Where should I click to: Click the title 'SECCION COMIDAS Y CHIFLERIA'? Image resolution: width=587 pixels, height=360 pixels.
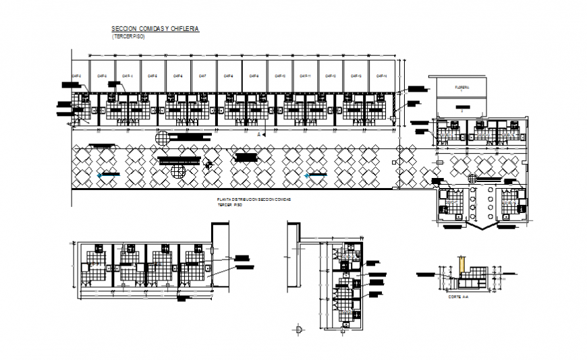[155, 29]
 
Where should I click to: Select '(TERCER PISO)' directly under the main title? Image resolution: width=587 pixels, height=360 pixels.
[128, 36]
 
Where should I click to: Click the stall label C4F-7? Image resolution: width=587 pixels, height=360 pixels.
[203, 76]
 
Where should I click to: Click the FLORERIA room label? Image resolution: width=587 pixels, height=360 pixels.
[462, 88]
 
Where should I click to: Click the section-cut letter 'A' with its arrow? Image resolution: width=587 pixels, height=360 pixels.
[260, 135]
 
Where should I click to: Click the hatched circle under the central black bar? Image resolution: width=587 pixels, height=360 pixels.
[178, 171]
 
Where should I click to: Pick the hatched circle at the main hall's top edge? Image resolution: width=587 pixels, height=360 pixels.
[163, 138]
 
